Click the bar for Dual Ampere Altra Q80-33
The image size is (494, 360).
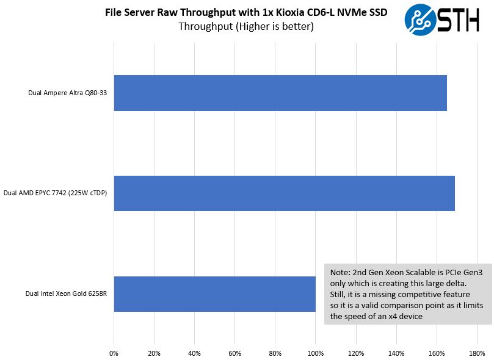[280, 93]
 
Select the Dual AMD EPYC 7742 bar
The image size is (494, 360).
[284, 193]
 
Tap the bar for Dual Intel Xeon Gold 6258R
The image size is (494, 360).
[214, 294]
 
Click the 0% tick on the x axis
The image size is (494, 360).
[114, 353]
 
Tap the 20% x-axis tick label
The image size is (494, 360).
[154, 353]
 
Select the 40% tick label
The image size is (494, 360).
[194, 353]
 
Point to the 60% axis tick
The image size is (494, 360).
[234, 353]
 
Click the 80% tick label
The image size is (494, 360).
[275, 353]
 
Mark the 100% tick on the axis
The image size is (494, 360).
[315, 353]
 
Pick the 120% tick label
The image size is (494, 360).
[355, 353]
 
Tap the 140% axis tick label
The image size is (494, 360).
[396, 353]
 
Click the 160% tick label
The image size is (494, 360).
[436, 353]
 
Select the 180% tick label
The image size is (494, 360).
[476, 353]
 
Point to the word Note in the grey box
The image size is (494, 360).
[340, 273]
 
